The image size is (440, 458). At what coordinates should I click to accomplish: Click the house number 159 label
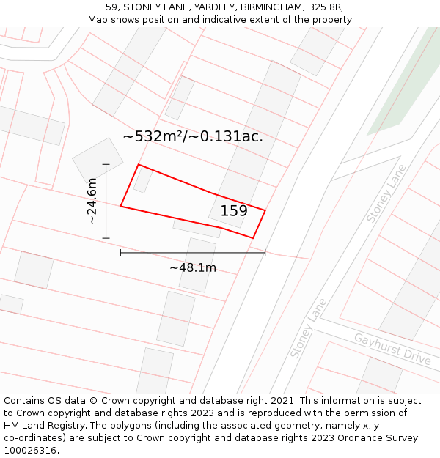[234, 211]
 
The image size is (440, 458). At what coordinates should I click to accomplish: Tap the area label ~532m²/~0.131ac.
[192, 136]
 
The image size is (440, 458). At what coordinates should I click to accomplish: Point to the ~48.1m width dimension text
[193, 267]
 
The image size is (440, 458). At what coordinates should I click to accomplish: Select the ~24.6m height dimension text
[92, 201]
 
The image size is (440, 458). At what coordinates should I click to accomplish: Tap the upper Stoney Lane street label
[386, 193]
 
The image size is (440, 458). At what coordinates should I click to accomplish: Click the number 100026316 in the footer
[29, 450]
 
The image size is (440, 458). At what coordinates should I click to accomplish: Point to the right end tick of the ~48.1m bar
[265, 253]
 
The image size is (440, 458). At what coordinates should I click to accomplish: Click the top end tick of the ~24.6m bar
[106, 164]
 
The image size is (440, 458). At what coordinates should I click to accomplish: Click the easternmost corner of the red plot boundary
[265, 211]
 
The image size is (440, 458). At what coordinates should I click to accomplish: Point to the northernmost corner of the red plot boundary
[139, 165]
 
